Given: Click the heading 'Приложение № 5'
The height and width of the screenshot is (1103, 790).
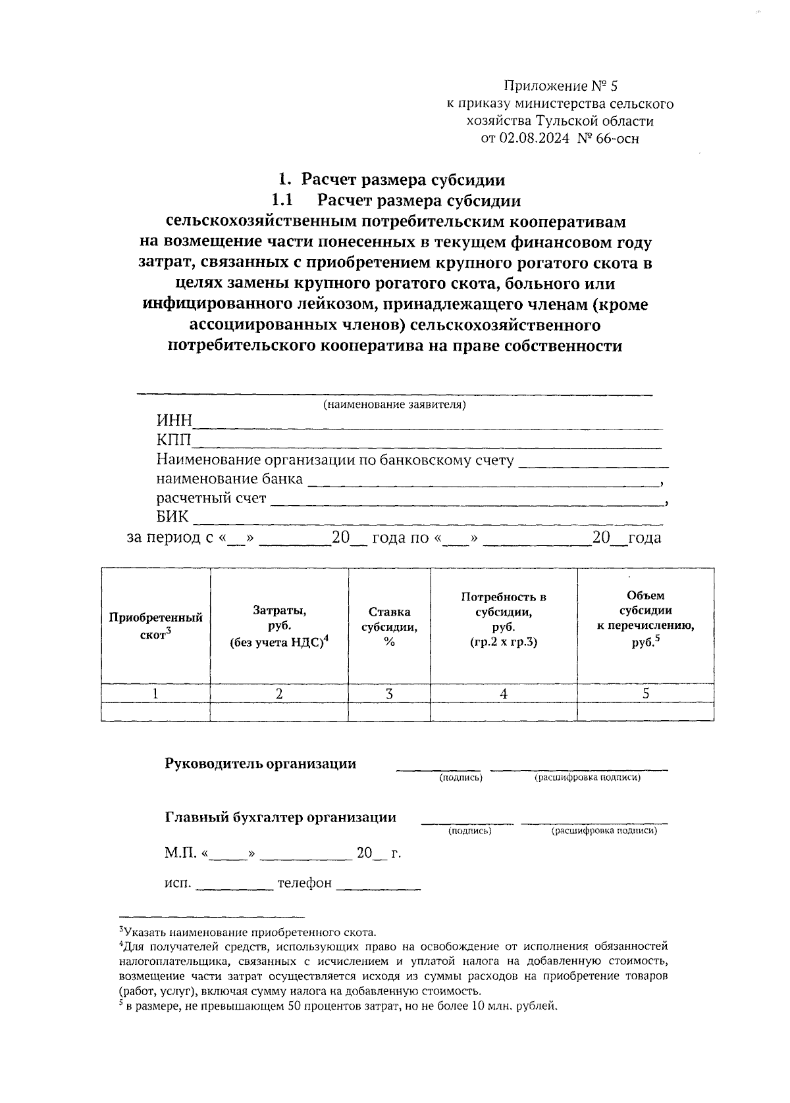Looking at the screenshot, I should [561, 86].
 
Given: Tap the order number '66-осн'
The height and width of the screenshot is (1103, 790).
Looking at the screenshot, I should [616, 138].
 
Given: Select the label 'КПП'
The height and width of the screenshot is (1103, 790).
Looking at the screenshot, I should [173, 441].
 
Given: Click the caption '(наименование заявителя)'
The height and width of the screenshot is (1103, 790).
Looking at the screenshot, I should [394, 404].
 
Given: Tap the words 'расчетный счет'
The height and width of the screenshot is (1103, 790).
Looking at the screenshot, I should [211, 498].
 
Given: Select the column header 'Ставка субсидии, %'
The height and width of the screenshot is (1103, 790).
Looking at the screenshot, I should [389, 627].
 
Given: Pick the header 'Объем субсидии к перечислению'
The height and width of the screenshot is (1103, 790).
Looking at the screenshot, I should [645, 618].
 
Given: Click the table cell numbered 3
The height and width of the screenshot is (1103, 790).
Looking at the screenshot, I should [389, 693].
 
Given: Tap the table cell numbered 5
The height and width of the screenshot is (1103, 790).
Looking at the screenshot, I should [646, 693].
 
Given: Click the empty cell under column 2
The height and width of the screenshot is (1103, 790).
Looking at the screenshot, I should [279, 711].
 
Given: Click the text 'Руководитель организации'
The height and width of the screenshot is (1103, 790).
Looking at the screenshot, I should [260, 764].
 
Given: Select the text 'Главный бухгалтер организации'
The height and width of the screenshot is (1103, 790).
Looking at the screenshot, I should [280, 818].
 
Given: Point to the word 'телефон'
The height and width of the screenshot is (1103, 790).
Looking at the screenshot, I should [304, 883].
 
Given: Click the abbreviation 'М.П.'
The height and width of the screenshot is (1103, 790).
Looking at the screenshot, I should [180, 854].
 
